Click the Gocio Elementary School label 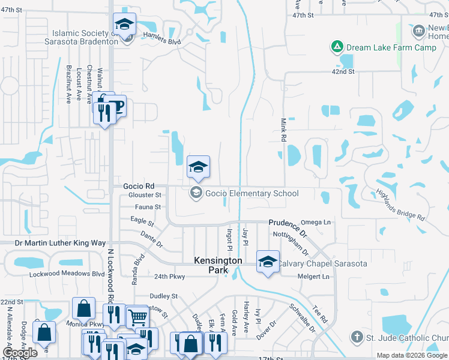[x=252, y=193]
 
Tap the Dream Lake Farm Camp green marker [x=338, y=46]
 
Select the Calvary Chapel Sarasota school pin [x=268, y=262]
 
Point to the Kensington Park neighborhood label [x=218, y=266]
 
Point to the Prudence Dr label [x=288, y=227]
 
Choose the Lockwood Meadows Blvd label [x=67, y=274]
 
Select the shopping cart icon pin [x=138, y=316]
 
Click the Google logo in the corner [x=20, y=353]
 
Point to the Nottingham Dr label [x=290, y=241]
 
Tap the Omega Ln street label [x=318, y=223]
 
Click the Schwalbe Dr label [x=302, y=319]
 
